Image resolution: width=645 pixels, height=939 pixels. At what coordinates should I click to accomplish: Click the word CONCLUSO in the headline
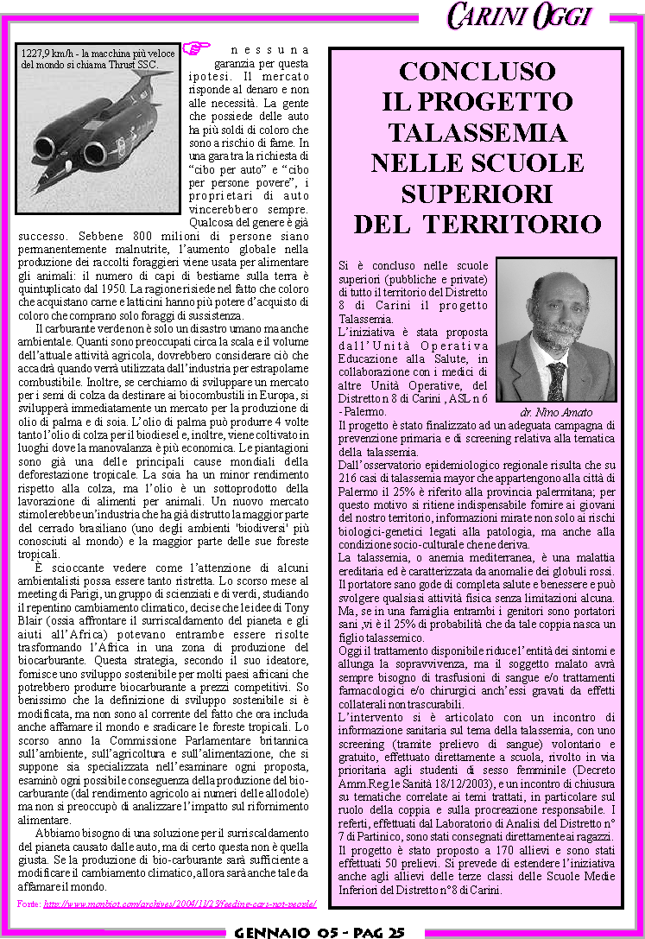tap(477, 72)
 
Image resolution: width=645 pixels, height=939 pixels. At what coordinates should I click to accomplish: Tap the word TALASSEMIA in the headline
tap(477, 133)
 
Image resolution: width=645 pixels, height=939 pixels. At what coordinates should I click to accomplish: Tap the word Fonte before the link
tap(28, 904)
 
